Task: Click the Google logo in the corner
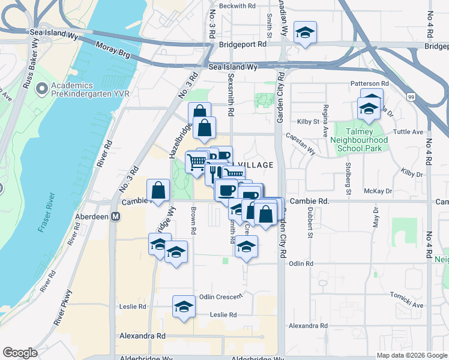pos(20,353)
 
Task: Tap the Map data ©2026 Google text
pos(412,355)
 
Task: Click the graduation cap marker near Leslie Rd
pos(184,307)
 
